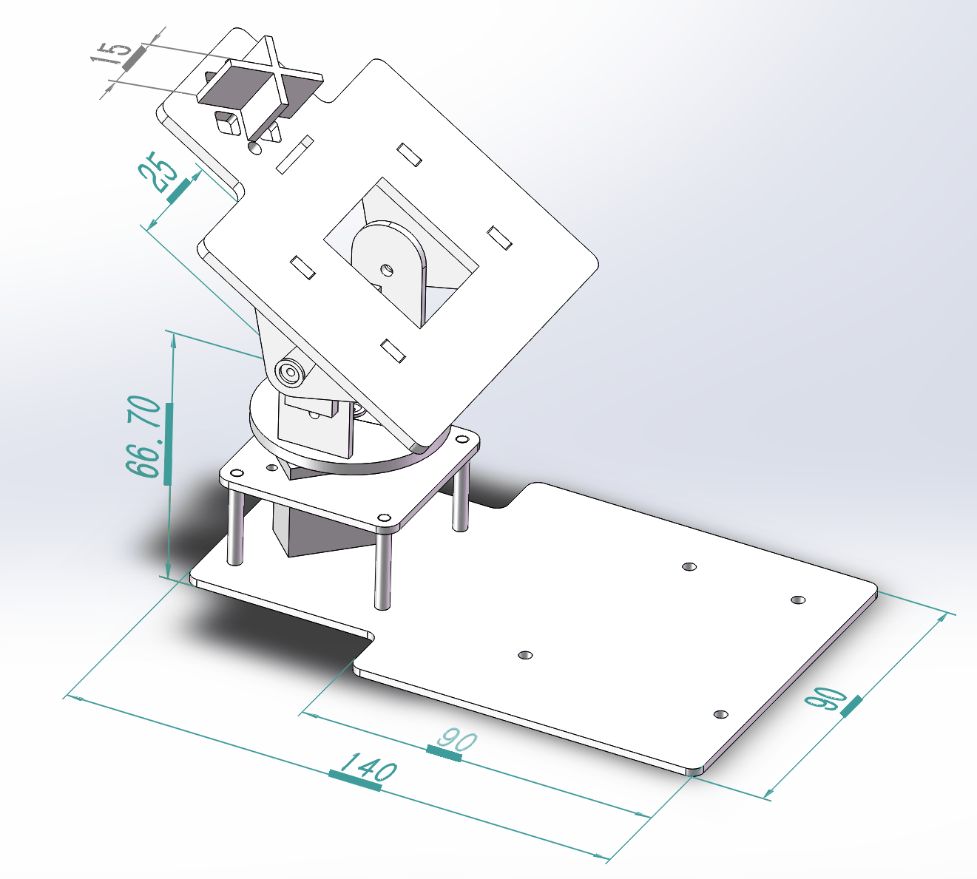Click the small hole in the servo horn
point(385,271)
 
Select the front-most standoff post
point(382,569)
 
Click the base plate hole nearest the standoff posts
point(525,655)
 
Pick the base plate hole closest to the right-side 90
point(721,714)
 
